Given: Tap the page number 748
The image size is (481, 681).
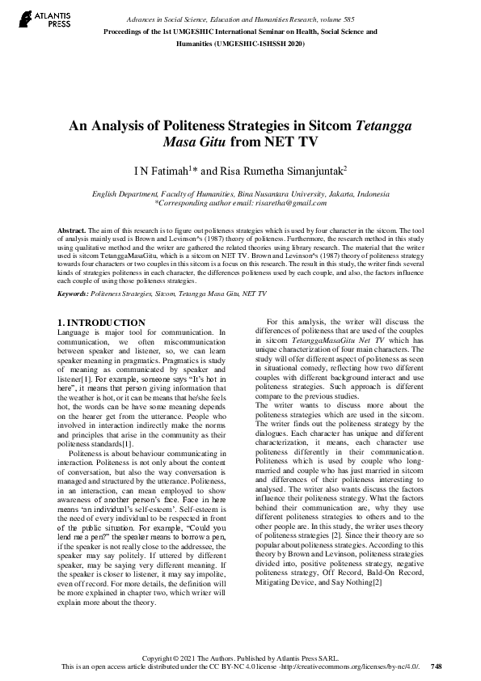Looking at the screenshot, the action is tap(437, 666).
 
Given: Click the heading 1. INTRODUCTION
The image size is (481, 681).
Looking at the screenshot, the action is tap(103, 323).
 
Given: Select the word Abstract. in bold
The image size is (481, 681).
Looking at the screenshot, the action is tap(74, 231).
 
